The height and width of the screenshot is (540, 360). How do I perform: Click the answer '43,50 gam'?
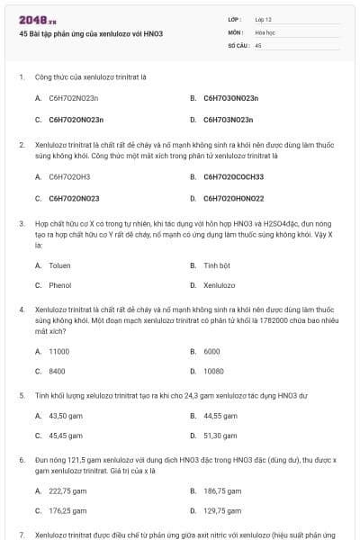pos(66,416)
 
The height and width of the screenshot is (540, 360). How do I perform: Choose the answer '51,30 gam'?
pos(220,435)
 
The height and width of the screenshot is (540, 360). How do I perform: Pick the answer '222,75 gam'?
pos(67,490)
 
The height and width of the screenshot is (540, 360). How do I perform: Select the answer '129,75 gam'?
pos(222,510)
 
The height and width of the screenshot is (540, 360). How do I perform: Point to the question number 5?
pos(22,394)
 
